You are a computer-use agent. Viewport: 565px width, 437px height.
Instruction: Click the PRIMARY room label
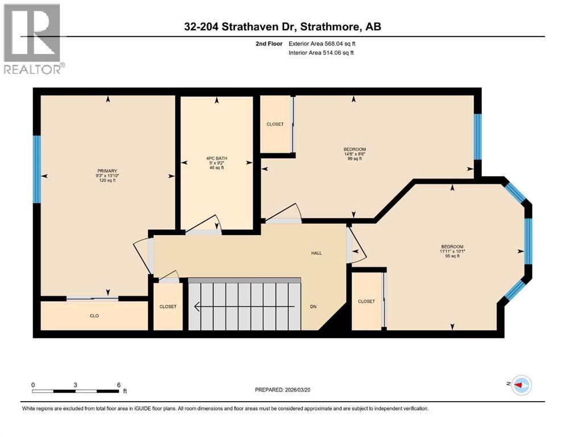pyautogui.click(x=106, y=171)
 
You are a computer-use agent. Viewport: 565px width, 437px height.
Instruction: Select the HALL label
pyautogui.click(x=316, y=253)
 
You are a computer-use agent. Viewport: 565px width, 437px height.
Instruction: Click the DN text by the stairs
pyautogui.click(x=313, y=307)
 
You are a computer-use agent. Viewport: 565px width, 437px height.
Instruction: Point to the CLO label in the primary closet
pyautogui.click(x=94, y=315)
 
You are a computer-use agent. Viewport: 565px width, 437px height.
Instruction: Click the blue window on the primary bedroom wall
pyautogui.click(x=37, y=169)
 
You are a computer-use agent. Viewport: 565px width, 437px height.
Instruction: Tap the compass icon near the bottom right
pyautogui.click(x=521, y=385)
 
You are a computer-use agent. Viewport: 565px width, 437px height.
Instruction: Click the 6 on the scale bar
pyautogui.click(x=118, y=385)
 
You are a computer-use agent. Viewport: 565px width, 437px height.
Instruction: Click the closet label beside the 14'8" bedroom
pyautogui.click(x=275, y=124)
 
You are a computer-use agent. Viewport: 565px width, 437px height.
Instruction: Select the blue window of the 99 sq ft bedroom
pyautogui.click(x=477, y=137)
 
